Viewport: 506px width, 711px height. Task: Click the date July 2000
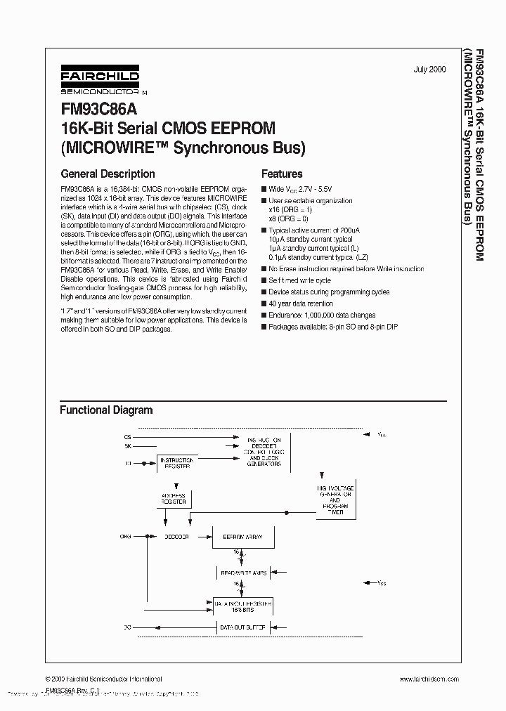click(x=430, y=70)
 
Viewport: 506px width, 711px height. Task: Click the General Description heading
click(x=108, y=174)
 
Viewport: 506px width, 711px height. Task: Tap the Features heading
click(x=282, y=174)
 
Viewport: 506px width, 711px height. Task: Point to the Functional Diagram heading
click(x=105, y=410)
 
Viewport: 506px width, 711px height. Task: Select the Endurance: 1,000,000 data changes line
click(x=322, y=315)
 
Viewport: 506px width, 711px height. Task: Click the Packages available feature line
click(x=332, y=327)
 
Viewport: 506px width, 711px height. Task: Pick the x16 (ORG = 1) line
click(x=290, y=209)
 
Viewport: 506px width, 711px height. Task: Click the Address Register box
click(x=174, y=499)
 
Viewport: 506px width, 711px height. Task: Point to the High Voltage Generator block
click(x=335, y=500)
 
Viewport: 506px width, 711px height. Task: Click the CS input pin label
click(x=127, y=436)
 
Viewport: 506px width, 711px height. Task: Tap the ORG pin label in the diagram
click(x=126, y=536)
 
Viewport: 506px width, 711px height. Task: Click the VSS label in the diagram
click(x=381, y=582)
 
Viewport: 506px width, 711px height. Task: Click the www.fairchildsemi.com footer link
click(x=429, y=679)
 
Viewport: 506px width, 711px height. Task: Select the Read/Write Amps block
click(x=242, y=573)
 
